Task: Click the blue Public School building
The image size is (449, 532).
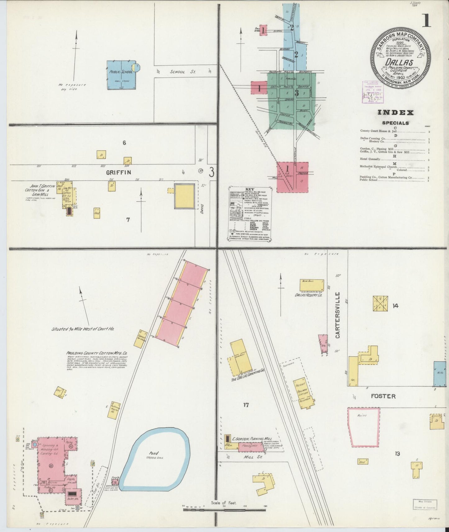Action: pos(121,75)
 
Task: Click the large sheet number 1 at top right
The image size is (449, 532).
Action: pos(426,21)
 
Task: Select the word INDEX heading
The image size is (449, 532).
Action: pos(395,113)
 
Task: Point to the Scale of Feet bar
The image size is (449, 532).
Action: pos(224,509)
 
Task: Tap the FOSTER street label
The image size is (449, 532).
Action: pos(383,396)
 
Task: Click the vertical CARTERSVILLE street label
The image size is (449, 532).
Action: pos(338,315)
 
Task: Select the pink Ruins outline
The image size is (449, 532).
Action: pos(363,427)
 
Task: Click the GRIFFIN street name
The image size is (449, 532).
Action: pos(118,172)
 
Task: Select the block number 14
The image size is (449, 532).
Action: pos(395,306)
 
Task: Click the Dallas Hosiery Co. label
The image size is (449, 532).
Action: pos(308,295)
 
